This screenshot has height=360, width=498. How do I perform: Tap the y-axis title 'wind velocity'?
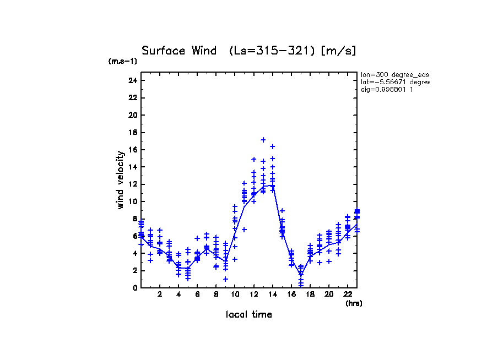[x=120, y=180]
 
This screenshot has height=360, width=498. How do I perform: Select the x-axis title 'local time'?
[x=248, y=314]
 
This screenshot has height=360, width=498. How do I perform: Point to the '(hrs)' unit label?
[x=353, y=303]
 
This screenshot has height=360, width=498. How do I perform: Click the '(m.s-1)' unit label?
[x=123, y=62]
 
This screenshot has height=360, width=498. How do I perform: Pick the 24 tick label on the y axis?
[x=132, y=80]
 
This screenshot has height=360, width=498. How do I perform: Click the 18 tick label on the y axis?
[x=132, y=132]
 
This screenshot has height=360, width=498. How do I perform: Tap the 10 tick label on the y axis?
[x=132, y=201]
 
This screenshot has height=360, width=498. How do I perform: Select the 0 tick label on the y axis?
[x=134, y=288]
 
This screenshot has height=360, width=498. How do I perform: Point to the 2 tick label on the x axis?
[x=160, y=294]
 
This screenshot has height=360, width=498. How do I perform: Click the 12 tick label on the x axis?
[x=253, y=294]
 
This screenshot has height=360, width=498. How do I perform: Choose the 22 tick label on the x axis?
[x=348, y=294]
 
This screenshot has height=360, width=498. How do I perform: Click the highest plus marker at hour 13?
[x=263, y=140]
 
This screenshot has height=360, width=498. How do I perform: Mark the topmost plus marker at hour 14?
[x=273, y=146]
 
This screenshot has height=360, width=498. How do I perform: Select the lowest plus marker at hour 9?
[x=225, y=279]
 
